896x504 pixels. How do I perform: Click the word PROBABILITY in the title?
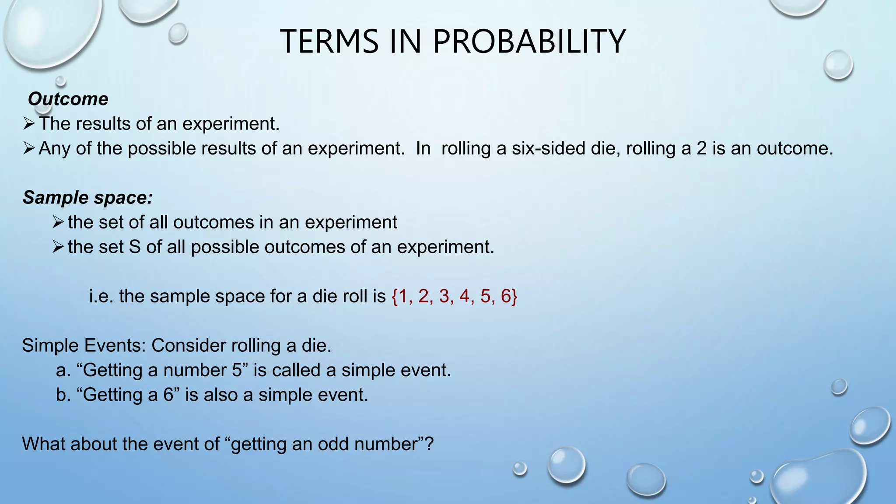529,42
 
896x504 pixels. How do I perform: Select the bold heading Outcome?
68,99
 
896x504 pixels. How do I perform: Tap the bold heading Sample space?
87,197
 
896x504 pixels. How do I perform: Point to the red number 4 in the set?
464,296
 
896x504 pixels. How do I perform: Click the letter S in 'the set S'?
135,247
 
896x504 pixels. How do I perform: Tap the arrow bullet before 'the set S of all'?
58,247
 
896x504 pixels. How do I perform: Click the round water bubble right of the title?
838,65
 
